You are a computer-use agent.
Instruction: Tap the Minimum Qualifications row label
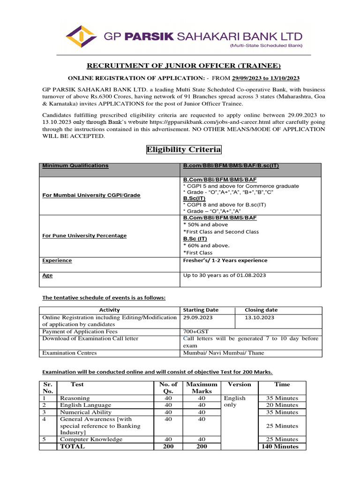tap(75, 165)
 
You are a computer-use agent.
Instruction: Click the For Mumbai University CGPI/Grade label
tap(91, 195)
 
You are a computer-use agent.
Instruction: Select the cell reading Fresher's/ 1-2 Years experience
tap(225, 260)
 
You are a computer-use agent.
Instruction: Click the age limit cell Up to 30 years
tap(224, 275)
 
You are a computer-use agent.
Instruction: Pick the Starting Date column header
tap(201, 310)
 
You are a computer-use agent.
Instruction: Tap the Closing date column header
tap(261, 310)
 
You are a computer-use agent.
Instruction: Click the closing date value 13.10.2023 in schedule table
tap(258, 317)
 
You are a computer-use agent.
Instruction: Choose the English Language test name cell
tap(85, 405)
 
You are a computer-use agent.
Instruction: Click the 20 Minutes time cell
tap(282, 405)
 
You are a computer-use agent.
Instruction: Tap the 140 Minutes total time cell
tap(282, 446)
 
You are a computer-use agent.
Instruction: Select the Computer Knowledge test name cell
tap(91, 439)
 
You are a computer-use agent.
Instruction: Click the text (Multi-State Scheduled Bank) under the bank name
tap(266, 45)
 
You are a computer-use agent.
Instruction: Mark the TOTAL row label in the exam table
tap(72, 446)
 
